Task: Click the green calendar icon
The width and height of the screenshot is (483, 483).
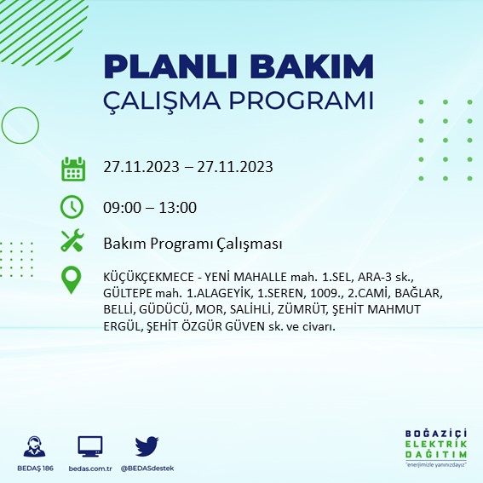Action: click(72, 168)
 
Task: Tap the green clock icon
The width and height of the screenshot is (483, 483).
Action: click(72, 206)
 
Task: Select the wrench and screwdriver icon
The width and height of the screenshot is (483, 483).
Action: click(72, 242)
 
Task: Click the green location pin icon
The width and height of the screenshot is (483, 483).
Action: click(72, 279)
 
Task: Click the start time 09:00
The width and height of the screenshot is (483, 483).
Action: click(121, 208)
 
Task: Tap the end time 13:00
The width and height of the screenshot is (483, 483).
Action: click(179, 208)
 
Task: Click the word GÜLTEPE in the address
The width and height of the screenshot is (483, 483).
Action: click(128, 294)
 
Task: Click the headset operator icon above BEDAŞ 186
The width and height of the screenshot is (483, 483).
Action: click(37, 446)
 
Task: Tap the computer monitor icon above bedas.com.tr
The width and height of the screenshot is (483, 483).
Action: click(89, 446)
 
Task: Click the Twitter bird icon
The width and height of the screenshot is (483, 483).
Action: click(147, 446)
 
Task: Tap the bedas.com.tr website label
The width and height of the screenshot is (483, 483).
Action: click(89, 469)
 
